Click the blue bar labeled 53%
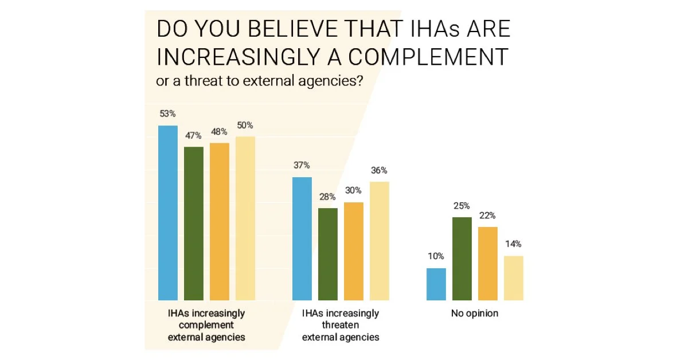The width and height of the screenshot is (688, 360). (168, 213)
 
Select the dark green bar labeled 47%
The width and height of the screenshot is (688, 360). (194, 224)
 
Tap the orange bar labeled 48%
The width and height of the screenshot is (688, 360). (220, 221)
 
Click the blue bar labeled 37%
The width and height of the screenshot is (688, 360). (302, 238)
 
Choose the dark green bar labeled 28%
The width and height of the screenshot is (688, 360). (328, 254)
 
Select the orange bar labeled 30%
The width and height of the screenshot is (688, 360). (354, 251)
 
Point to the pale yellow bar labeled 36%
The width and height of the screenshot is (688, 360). (380, 241)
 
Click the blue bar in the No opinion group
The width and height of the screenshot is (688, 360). (436, 284)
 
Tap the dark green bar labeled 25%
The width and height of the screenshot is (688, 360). (462, 259)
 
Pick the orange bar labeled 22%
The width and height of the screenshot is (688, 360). (488, 264)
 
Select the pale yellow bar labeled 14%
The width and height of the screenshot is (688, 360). (514, 278)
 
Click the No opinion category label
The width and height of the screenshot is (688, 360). (475, 314)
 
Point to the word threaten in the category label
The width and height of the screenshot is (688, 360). (341, 326)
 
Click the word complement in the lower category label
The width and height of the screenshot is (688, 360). (206, 326)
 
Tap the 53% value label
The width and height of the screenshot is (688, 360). (168, 114)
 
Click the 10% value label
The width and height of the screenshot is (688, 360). (436, 256)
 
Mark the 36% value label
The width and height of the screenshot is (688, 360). (380, 170)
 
